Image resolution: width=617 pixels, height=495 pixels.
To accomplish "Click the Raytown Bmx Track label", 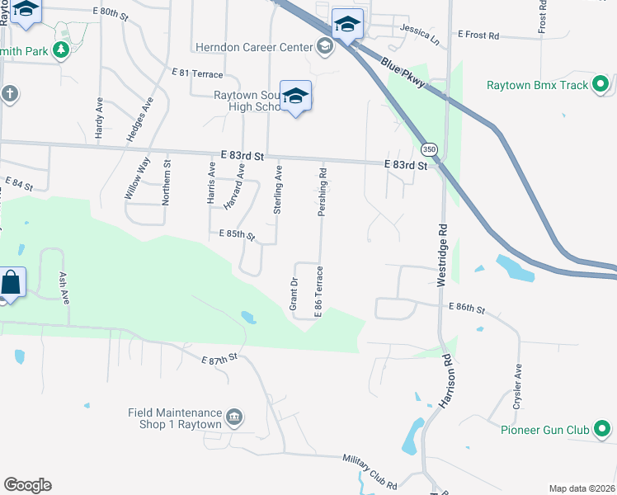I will coord(537,85).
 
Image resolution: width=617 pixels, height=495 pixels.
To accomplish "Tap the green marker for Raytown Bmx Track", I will coord(601,84).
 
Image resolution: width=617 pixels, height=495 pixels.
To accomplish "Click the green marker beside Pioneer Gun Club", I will coord(603,429).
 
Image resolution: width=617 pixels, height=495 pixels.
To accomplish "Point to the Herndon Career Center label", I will coord(255,47).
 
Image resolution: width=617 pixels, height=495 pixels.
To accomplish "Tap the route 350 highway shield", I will coord(428,149).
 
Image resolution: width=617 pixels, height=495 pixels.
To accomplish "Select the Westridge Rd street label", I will coord(442,255).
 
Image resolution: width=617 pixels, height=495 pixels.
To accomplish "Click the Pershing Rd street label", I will coord(324,193).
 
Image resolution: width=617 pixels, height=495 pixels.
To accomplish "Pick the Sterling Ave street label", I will coord(278,190).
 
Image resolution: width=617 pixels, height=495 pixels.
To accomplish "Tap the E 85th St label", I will coord(237,236).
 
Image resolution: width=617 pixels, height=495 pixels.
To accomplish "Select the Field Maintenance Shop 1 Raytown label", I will coord(175,418).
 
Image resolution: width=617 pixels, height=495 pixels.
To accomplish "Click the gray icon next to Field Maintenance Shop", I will coord(234,417).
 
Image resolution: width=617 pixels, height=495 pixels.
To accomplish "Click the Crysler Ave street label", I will coord(518,384).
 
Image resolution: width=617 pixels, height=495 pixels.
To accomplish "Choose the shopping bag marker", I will coord(11,283).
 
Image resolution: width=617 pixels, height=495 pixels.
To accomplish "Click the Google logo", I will coord(27,485).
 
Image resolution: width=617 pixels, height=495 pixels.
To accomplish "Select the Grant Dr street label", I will coord(294,295).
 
